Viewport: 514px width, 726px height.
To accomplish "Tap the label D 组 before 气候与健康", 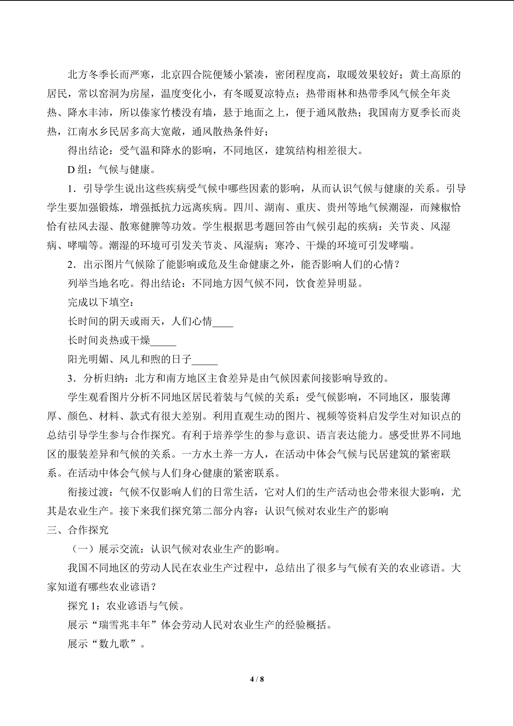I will click(x=77, y=169).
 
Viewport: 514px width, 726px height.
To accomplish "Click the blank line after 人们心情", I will click(x=223, y=321).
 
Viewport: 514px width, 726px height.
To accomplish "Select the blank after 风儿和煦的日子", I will click(x=205, y=359).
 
